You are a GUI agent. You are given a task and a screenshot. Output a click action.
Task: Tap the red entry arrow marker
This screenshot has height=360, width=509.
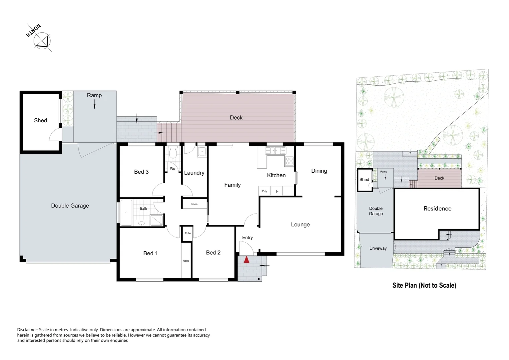[x=247, y=259]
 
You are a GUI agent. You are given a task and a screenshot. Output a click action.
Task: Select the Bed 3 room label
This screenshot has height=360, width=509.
[x=141, y=172]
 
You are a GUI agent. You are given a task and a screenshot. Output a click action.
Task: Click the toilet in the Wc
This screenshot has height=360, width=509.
[x=173, y=153]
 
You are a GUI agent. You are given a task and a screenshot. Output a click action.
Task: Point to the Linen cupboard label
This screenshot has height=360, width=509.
[x=194, y=204]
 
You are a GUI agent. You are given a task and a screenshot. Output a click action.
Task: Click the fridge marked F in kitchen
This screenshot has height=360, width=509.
[x=277, y=191]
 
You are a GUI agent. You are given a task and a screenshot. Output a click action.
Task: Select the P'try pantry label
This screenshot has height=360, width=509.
[x=264, y=191]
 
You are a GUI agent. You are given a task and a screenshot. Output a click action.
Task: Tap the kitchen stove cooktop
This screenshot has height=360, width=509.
[x=289, y=161]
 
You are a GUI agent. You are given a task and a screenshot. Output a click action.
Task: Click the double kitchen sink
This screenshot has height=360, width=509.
[x=275, y=151]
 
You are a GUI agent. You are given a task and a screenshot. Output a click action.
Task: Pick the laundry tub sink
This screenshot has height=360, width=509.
[x=202, y=152]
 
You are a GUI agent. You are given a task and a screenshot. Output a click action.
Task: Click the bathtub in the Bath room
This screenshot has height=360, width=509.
[x=126, y=212]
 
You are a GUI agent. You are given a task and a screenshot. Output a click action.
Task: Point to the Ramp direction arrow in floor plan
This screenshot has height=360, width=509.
[x=94, y=106]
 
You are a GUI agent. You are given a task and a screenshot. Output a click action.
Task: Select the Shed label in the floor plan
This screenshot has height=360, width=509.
[x=40, y=120]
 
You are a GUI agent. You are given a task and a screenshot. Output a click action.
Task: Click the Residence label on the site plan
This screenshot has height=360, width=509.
[x=437, y=208]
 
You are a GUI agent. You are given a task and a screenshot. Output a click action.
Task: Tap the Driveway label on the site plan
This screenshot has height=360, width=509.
[x=378, y=248]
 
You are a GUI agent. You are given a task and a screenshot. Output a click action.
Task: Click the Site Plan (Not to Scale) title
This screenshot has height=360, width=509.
[x=424, y=285]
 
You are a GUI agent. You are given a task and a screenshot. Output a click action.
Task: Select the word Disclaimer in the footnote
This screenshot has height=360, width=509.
[x=27, y=330]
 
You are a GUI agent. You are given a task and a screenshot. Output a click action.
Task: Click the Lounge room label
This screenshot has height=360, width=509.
[x=300, y=224]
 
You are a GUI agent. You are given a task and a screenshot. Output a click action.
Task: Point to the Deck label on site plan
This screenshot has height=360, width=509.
[x=439, y=178]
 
